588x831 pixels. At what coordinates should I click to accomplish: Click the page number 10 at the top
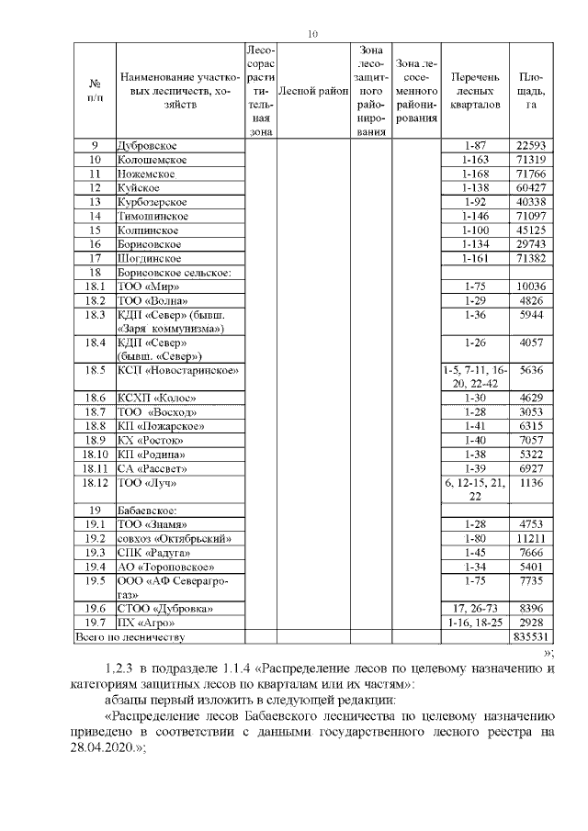click(312, 35)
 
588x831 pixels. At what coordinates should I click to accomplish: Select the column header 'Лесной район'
click(313, 91)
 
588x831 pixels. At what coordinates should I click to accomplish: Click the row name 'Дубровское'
click(147, 146)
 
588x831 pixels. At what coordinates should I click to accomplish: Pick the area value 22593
click(531, 146)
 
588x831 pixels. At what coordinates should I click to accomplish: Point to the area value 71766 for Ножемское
click(531, 174)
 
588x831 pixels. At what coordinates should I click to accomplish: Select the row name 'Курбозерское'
click(153, 201)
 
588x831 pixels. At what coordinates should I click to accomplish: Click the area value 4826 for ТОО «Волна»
click(531, 300)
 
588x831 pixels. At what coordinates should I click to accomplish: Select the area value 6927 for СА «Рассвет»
click(531, 468)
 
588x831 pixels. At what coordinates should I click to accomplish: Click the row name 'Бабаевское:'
click(146, 511)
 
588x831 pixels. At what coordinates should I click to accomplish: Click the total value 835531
click(531, 636)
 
